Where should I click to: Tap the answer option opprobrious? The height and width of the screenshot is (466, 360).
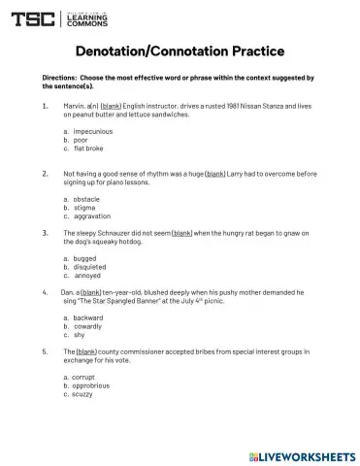tap(92, 385)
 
